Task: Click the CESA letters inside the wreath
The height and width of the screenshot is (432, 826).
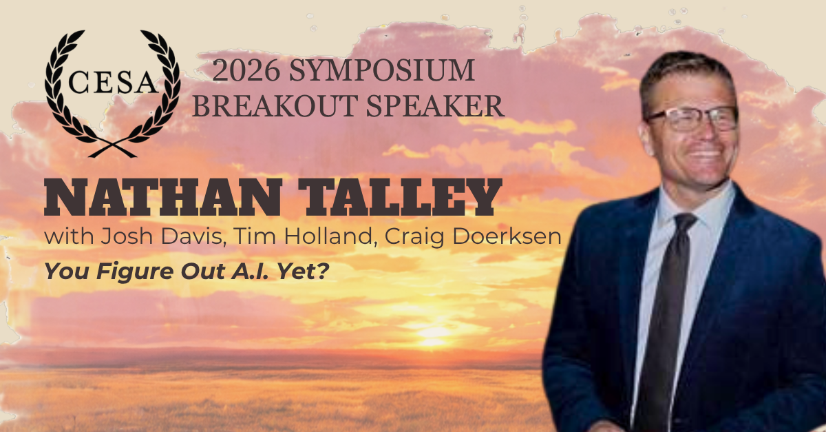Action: pyautogui.click(x=113, y=83)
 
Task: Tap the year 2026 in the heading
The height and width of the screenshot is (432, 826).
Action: pyautogui.click(x=246, y=70)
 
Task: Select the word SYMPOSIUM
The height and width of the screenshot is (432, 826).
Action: pyautogui.click(x=381, y=70)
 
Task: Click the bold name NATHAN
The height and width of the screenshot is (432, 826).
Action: pyautogui.click(x=163, y=197)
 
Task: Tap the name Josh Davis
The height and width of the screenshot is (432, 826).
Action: pyautogui.click(x=162, y=236)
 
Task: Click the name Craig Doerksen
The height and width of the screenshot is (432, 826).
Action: pyautogui.click(x=473, y=237)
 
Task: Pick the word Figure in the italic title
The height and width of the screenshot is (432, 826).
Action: pyautogui.click(x=135, y=272)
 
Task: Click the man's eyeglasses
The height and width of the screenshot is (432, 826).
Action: pyautogui.click(x=692, y=119)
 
